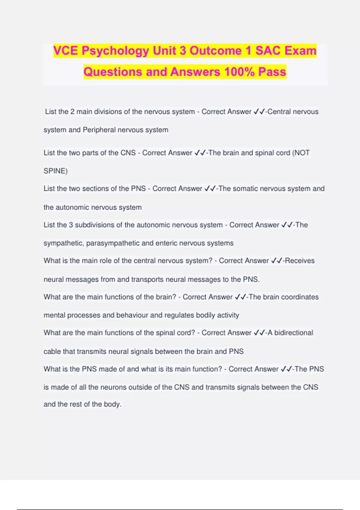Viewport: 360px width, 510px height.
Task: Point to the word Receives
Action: tap(300, 261)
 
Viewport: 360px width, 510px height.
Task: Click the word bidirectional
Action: tap(294, 333)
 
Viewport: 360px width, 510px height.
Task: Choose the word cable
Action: tap(52, 352)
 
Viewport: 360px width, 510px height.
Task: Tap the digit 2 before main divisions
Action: tap(72, 112)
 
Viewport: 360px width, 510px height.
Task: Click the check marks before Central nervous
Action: tap(259, 112)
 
